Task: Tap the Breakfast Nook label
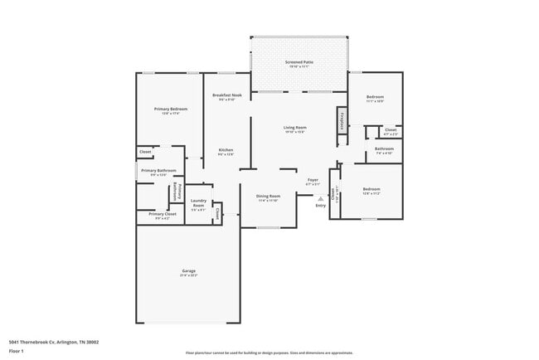coord(226,96)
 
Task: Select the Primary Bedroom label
coord(170,109)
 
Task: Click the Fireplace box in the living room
coord(341,120)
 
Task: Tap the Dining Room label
coord(268,197)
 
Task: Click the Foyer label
coord(313,179)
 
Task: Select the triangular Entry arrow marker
coord(320,199)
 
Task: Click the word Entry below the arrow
coord(320,206)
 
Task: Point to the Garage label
coord(189,271)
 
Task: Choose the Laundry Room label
coord(198,202)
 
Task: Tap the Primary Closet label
coord(163,214)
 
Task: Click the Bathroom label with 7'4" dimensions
coord(384,149)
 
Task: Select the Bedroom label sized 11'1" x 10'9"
coord(375,97)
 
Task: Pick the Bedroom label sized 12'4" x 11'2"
coord(371,189)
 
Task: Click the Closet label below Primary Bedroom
coord(145,152)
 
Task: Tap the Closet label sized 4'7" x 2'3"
coord(390,129)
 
